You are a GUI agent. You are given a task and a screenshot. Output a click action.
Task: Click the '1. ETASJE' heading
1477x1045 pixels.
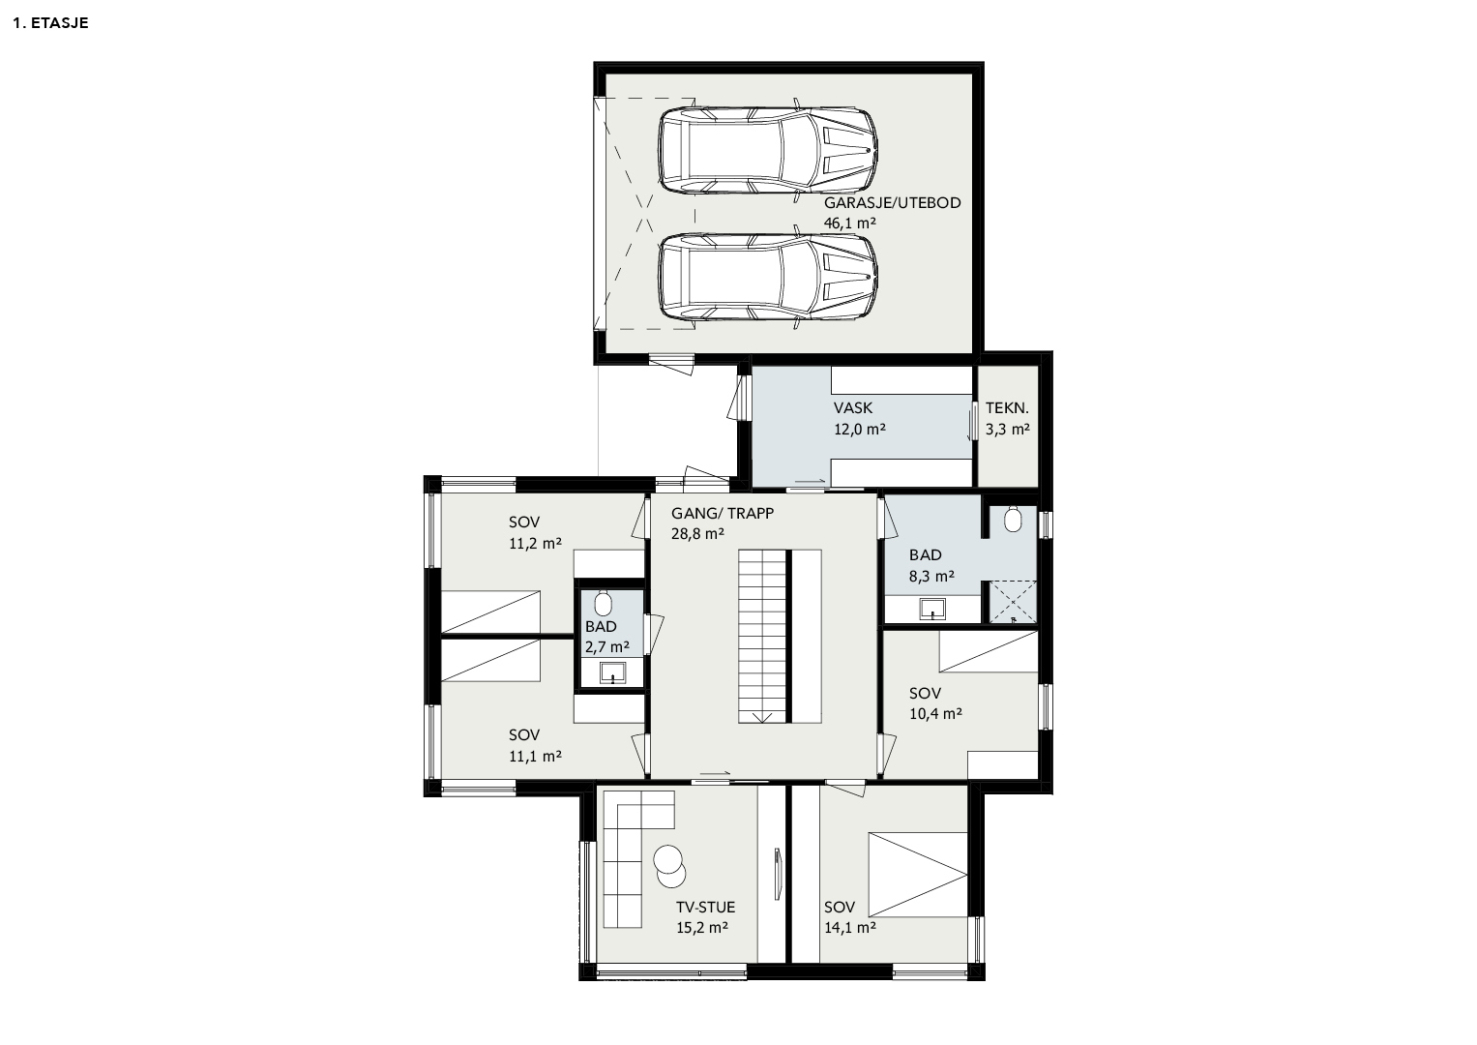pyautogui.click(x=50, y=23)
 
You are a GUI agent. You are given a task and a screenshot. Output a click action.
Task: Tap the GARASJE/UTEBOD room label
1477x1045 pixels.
pyautogui.click(x=892, y=203)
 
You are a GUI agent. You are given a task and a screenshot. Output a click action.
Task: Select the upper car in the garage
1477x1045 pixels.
pyautogui.click(x=769, y=150)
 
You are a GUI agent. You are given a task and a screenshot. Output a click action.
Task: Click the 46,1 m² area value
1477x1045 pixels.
pyautogui.click(x=850, y=223)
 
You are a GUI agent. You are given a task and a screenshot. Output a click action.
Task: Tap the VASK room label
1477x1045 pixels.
pyautogui.click(x=852, y=407)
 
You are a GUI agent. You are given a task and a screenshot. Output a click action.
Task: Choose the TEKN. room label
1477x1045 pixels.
pyautogui.click(x=1007, y=407)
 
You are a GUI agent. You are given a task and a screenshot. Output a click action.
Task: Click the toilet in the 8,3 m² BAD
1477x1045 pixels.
pyautogui.click(x=1013, y=520)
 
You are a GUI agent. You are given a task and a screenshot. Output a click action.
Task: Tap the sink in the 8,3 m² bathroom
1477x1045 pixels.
pyautogui.click(x=932, y=609)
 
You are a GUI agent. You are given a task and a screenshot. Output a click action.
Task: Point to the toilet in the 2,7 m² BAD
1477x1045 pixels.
pyautogui.click(x=603, y=602)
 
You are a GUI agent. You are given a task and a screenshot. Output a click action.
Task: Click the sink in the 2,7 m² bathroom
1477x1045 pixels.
pyautogui.click(x=612, y=672)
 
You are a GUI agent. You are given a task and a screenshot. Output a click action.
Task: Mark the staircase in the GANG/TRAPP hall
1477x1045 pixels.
pyautogui.click(x=762, y=637)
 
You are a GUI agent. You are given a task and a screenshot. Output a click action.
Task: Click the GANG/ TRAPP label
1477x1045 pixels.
pyautogui.click(x=722, y=513)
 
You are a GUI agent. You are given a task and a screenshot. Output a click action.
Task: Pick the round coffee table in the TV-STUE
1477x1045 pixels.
pyautogui.click(x=669, y=866)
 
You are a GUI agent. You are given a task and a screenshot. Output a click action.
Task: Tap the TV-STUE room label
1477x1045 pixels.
pyautogui.click(x=705, y=908)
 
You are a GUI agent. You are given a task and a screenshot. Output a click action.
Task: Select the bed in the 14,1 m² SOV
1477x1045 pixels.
pyautogui.click(x=918, y=875)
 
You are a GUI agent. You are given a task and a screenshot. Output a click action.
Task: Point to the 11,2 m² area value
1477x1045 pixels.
pyautogui.click(x=535, y=544)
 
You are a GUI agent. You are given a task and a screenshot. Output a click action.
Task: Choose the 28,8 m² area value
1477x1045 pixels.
pyautogui.click(x=697, y=534)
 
